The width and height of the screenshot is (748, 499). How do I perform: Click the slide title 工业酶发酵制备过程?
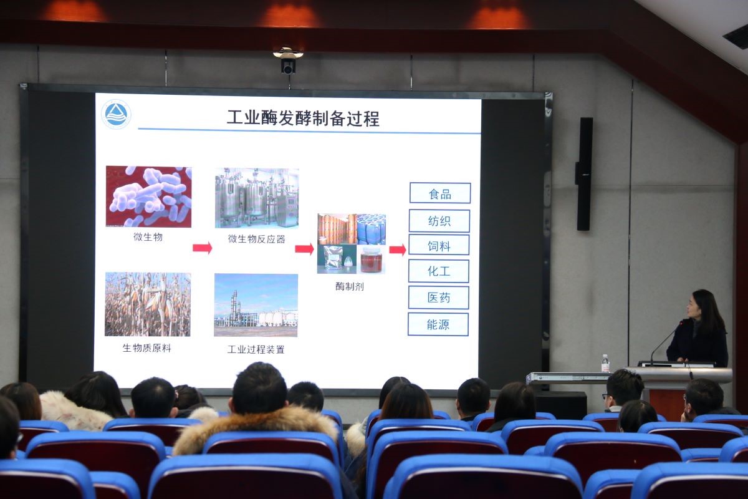click(303, 119)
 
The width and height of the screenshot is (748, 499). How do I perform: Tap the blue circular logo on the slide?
click(116, 114)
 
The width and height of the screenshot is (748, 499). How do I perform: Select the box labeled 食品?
click(440, 193)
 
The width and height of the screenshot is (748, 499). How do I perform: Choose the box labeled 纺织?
click(439, 221)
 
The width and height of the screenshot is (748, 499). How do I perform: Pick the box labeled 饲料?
click(439, 245)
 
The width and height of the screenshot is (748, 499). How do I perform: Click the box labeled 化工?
click(439, 271)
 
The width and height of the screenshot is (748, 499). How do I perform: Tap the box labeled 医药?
click(438, 298)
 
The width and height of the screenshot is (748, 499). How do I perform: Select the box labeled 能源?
click(438, 324)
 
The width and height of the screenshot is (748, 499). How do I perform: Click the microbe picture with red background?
click(148, 196)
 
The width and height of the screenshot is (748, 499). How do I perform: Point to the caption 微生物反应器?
click(256, 239)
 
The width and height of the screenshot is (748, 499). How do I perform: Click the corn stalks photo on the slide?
click(148, 304)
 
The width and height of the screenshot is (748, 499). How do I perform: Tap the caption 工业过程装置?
click(256, 349)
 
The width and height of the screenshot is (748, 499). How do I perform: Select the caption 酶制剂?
click(350, 286)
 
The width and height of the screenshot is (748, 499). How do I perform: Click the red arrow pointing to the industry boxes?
click(398, 249)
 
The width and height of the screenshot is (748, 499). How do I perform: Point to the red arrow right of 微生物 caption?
click(203, 248)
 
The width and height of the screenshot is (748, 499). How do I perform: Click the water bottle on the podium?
click(605, 363)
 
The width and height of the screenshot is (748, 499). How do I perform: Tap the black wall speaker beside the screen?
click(584, 174)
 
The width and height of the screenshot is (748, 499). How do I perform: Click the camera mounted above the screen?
click(288, 61)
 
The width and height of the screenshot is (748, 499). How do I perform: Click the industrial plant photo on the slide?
click(256, 305)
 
